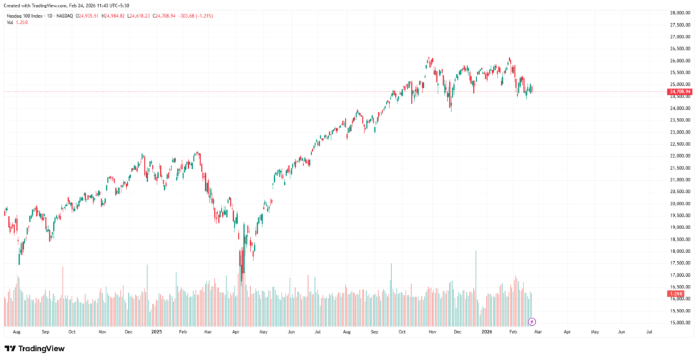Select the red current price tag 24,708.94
[680, 91]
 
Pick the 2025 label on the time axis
[156, 332]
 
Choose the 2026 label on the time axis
[487, 332]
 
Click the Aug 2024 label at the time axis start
[16, 332]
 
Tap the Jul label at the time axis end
[649, 332]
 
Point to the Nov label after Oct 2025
[431, 332]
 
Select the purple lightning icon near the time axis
[532, 321]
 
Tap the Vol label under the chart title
[10, 22]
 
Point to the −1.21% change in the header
[204, 15]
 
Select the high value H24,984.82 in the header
[112, 15]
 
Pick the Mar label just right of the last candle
[538, 332]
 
